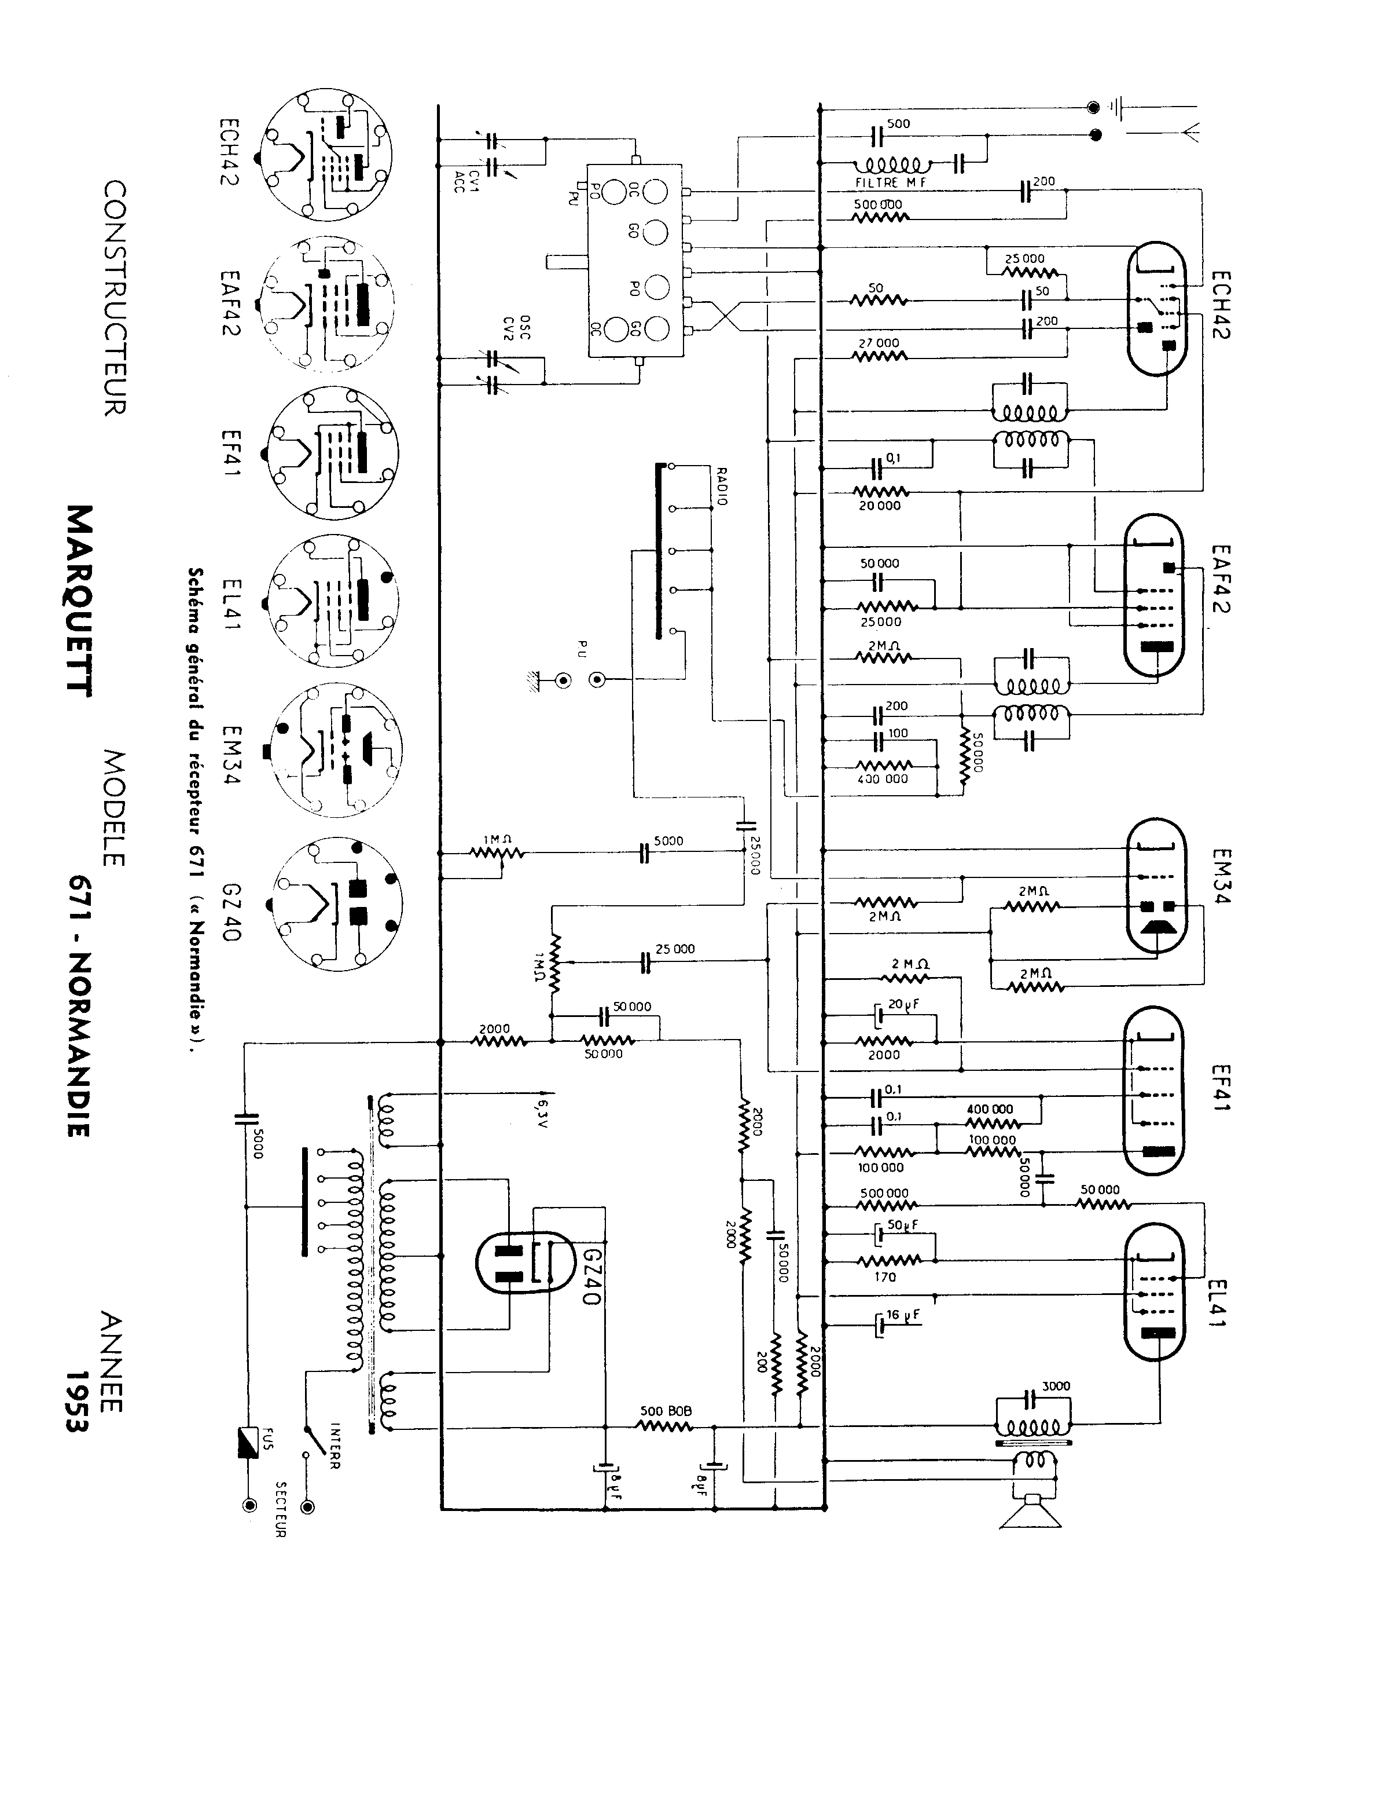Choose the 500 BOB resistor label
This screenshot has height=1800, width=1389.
(x=666, y=1411)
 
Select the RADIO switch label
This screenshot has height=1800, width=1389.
(x=722, y=486)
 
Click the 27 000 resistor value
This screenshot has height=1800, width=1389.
(x=879, y=343)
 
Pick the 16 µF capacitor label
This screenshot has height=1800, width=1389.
(x=902, y=1316)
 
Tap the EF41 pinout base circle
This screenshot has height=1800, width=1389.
(x=334, y=453)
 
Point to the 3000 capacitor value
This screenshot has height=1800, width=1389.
(x=1055, y=1386)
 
